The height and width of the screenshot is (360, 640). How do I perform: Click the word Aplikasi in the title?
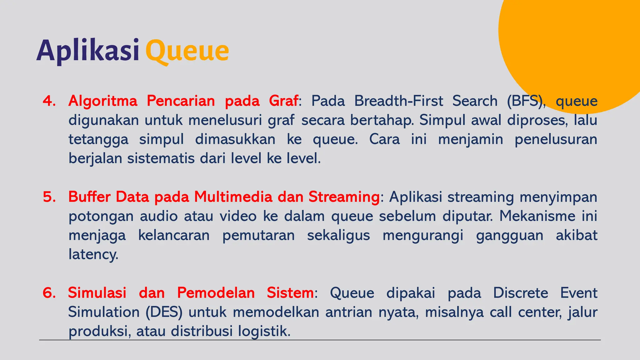[88, 51]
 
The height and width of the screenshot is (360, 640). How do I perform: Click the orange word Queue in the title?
[187, 51]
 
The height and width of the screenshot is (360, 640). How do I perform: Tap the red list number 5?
[49, 197]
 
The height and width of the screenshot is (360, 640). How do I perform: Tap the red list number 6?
[49, 293]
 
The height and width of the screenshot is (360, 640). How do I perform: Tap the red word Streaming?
[344, 197]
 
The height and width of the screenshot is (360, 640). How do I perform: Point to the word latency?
[93, 255]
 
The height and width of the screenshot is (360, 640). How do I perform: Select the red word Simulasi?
[97, 293]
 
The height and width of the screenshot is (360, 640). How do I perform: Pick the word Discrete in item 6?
[520, 293]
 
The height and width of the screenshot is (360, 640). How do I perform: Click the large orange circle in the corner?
[572, 41]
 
